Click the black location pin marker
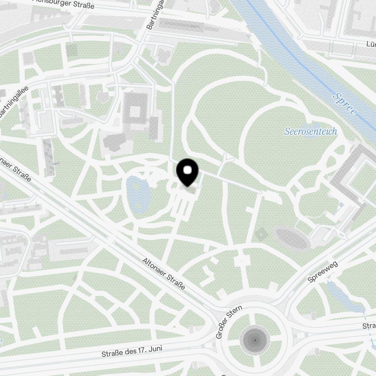coord(187,173)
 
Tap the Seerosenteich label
coord(311,132)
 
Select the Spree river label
coord(344,104)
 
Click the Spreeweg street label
coord(323,272)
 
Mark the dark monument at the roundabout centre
coord(255,340)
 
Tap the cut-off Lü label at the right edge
coord(371,44)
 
